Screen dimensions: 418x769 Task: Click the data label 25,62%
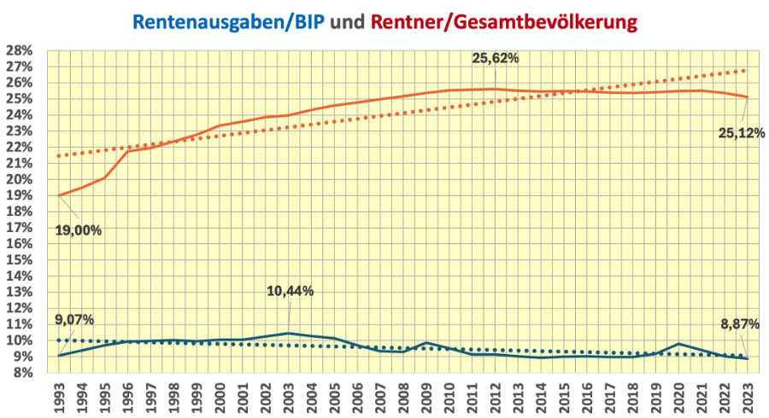click(x=496, y=59)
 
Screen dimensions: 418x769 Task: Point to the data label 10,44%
click(x=290, y=291)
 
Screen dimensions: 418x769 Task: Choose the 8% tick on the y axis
click(x=21, y=373)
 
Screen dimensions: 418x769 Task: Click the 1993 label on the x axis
click(x=59, y=395)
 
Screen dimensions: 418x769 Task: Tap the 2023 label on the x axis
click(x=748, y=395)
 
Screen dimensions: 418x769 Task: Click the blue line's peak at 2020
click(x=678, y=344)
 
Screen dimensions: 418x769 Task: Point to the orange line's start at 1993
click(x=59, y=195)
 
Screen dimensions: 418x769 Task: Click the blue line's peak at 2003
click(x=289, y=333)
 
